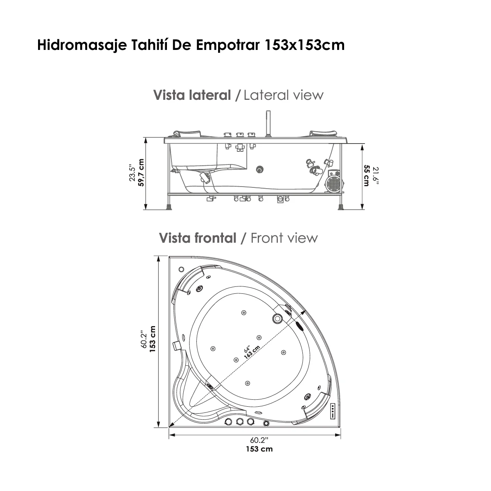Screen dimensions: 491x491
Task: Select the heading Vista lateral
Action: [192, 95]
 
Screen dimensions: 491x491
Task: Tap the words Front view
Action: [284, 238]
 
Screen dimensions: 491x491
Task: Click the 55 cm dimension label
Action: [367, 175]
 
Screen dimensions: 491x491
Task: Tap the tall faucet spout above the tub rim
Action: [268, 123]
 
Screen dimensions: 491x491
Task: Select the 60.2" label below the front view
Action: [259, 440]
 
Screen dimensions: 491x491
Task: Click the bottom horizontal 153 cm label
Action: [259, 449]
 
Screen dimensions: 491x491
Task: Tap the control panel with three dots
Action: [333, 410]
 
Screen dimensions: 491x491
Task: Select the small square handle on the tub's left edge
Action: [177, 346]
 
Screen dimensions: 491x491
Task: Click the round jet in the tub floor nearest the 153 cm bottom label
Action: [247, 383]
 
